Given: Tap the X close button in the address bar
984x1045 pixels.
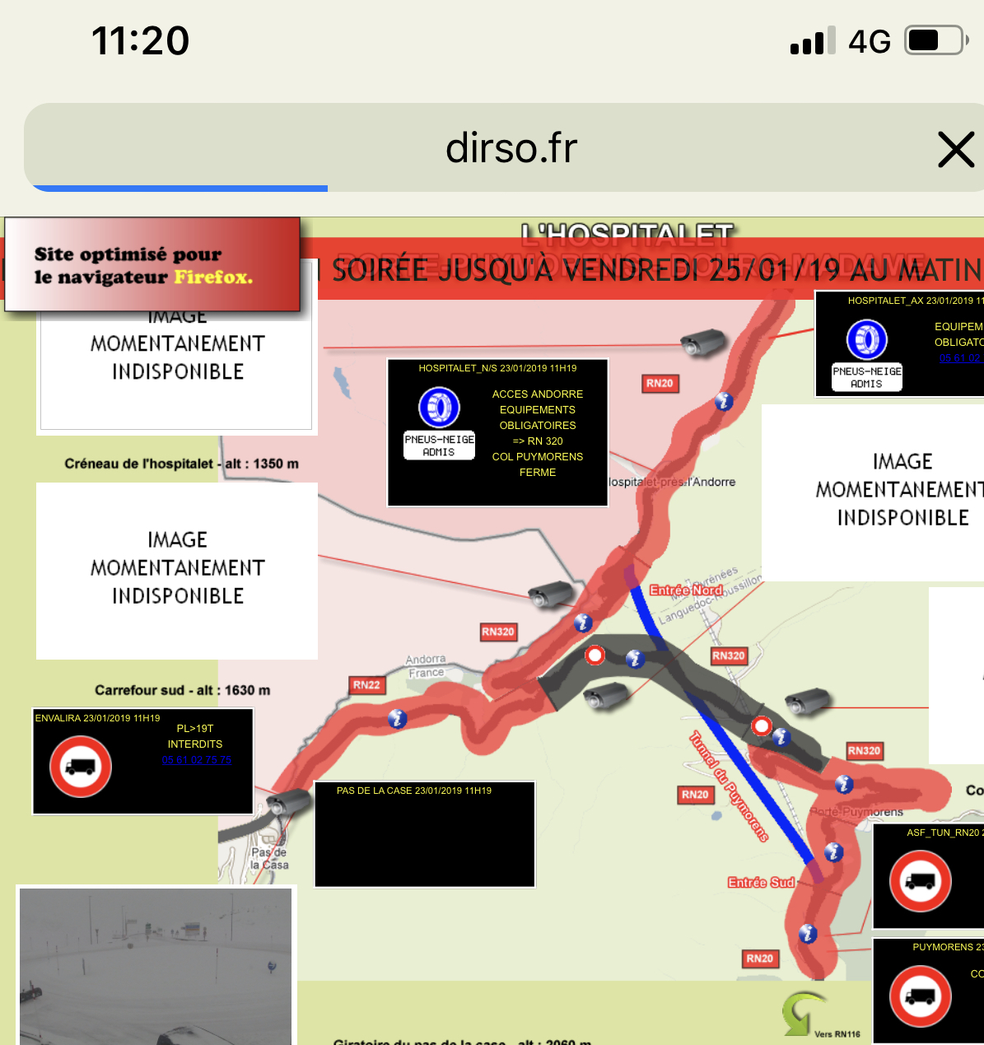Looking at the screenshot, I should (956, 149).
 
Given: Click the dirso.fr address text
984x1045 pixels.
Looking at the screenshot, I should (511, 148).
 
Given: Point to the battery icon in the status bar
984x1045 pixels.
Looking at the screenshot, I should (935, 40).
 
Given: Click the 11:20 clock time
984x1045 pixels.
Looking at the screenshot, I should (141, 40).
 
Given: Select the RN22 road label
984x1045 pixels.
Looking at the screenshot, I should (366, 685).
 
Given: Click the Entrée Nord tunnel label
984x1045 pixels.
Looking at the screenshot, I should (686, 590).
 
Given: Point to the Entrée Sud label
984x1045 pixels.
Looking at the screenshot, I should (761, 883).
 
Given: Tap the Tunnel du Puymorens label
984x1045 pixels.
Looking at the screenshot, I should (730, 786).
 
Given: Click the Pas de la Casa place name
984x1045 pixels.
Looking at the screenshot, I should (269, 858).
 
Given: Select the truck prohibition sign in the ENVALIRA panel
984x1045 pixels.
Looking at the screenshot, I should (81, 767).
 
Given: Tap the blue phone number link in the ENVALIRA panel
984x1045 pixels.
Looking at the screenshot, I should (197, 760).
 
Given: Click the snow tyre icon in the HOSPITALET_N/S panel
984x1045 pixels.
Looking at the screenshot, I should (439, 406).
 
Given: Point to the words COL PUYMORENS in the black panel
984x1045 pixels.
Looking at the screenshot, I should (538, 457).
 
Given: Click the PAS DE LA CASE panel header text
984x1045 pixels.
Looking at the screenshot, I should (414, 791).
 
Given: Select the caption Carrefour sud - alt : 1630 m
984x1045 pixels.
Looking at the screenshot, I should (182, 690).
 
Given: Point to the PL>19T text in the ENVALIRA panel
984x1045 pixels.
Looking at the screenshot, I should (195, 729).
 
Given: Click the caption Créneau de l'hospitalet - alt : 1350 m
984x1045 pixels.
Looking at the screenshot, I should (181, 464).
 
